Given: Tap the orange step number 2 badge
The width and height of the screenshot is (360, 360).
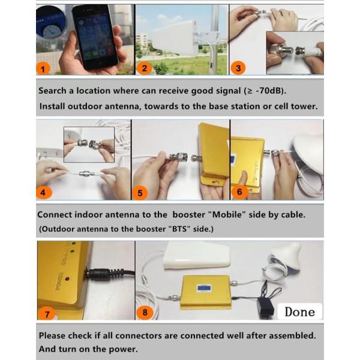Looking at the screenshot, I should [143, 68].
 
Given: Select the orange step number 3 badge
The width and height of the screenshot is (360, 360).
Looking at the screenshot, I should [239, 68].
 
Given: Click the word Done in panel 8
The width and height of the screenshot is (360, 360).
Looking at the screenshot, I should [299, 311].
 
